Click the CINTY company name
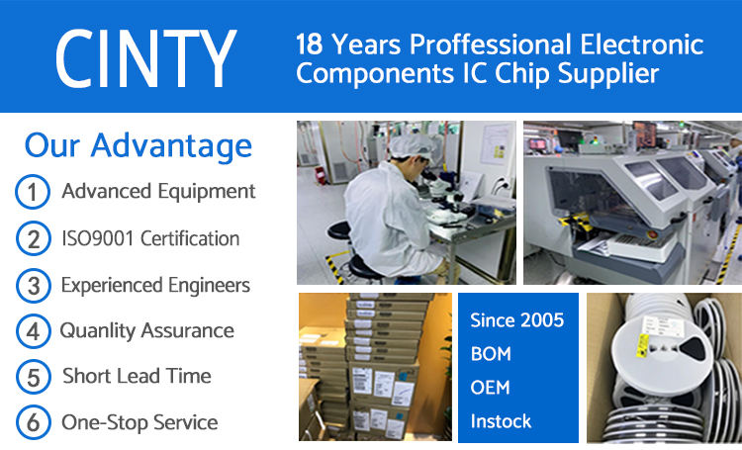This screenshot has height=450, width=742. click(x=145, y=58)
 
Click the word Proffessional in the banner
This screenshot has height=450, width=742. click(x=491, y=45)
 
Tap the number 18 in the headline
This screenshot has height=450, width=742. click(x=309, y=45)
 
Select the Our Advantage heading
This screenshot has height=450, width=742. click(x=139, y=145)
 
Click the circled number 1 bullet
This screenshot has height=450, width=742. click(x=33, y=192)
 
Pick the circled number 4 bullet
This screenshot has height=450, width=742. click(x=33, y=331)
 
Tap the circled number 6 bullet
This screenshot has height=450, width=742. click(x=33, y=422)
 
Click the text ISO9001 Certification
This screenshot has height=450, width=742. click(x=150, y=238)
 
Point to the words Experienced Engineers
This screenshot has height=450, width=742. click(x=155, y=286)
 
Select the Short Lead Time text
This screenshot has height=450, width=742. click(x=137, y=376)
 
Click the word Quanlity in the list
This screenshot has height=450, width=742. click(x=98, y=330)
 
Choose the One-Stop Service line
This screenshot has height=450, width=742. click(x=139, y=422)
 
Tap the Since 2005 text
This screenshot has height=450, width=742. click(x=516, y=320)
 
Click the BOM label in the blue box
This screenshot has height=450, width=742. click(x=491, y=354)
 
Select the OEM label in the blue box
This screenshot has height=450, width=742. click(x=491, y=388)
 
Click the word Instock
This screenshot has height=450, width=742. click(x=501, y=421)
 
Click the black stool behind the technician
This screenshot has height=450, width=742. click(x=338, y=231)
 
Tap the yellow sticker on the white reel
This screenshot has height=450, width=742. click(x=643, y=345)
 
